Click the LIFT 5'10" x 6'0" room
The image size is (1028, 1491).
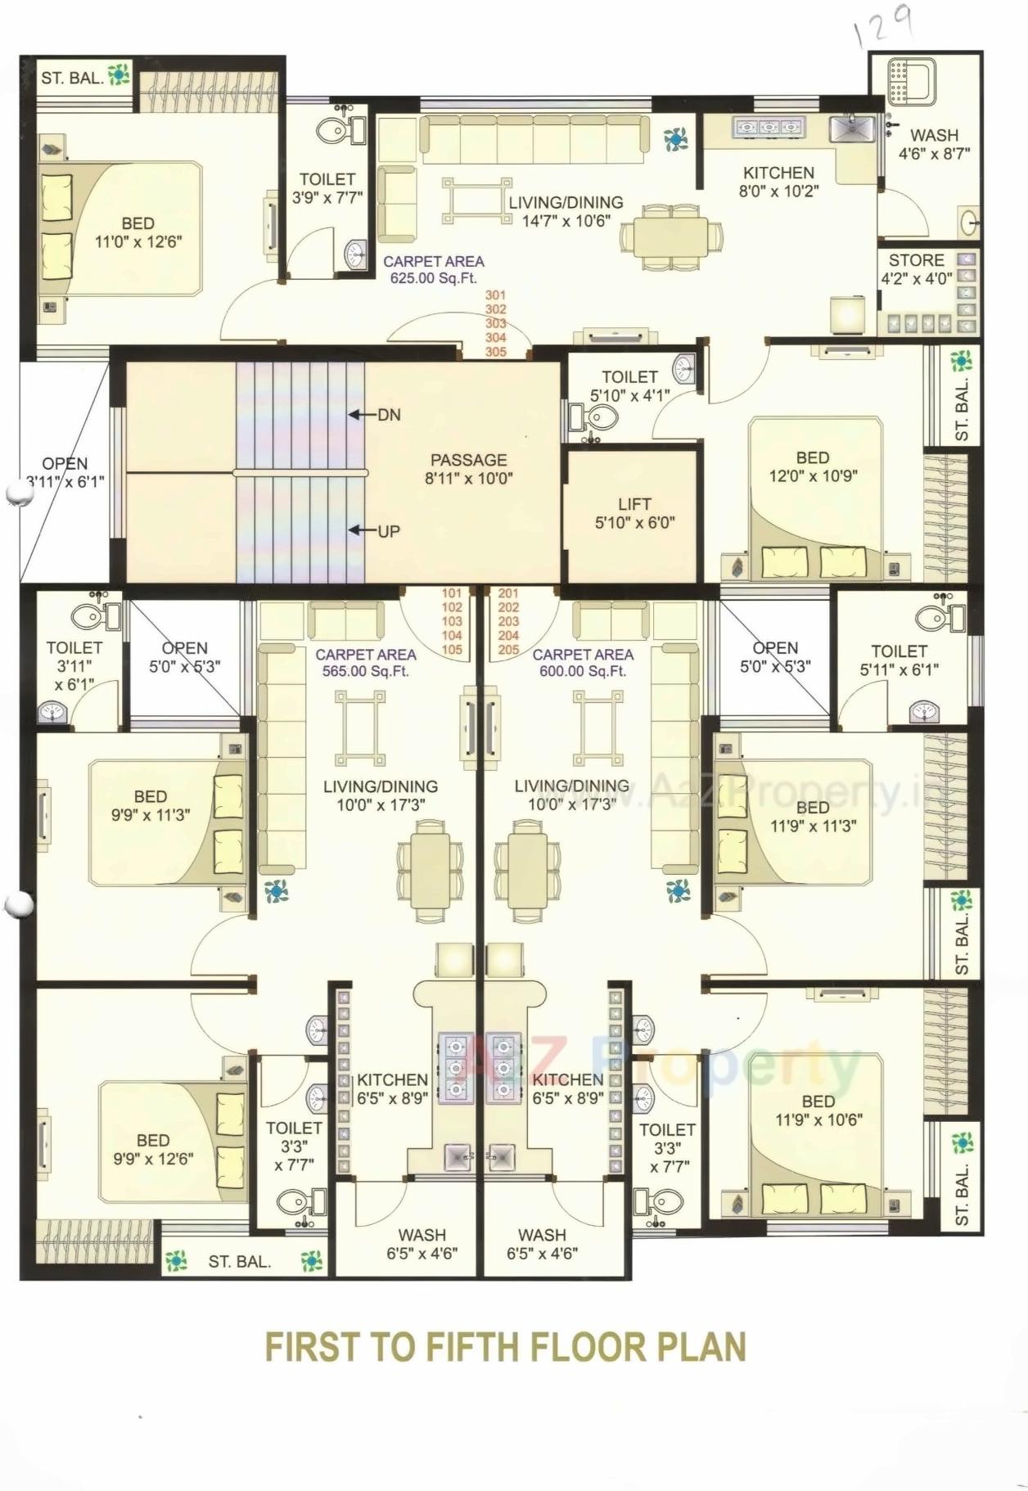pyautogui.click(x=634, y=514)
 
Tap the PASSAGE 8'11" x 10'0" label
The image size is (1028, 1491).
pyautogui.click(x=468, y=469)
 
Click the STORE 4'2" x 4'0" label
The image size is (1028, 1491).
pyautogui.click(x=916, y=268)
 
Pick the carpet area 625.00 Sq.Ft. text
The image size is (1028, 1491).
pyautogui.click(x=433, y=269)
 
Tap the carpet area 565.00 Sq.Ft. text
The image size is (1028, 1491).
pyautogui.click(x=365, y=663)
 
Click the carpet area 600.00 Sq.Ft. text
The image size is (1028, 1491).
pyautogui.click(x=582, y=663)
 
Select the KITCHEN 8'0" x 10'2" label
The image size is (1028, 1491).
pyautogui.click(x=778, y=182)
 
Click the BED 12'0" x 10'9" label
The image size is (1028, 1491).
pyautogui.click(x=813, y=466)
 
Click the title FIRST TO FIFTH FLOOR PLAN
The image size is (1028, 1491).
pyautogui.click(x=505, y=1347)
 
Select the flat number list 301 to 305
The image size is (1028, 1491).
pyautogui.click(x=496, y=323)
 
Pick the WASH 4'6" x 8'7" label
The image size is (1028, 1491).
pyautogui.click(x=934, y=144)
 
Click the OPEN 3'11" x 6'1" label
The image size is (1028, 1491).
pyautogui.click(x=65, y=473)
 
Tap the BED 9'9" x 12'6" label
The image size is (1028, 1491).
pyautogui.click(x=153, y=1149)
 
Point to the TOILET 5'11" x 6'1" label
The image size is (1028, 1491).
pyautogui.click(x=899, y=660)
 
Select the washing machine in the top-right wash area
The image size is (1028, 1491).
pyautogui.click(x=911, y=82)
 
